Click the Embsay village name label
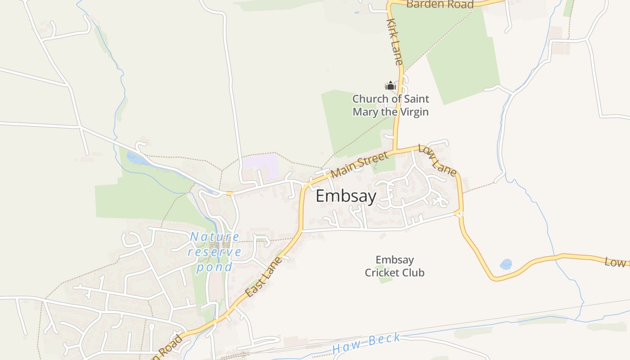[346, 197]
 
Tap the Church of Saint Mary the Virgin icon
[390, 85]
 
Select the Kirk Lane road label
[395, 42]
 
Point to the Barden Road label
[440, 4]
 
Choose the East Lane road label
[264, 277]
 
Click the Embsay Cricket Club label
[395, 266]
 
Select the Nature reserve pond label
[214, 252]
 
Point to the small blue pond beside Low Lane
[506, 264]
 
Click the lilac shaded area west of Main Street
[261, 166]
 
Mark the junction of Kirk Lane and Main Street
[395, 150]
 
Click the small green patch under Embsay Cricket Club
[385, 280]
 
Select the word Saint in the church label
[414, 99]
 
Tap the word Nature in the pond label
[215, 237]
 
